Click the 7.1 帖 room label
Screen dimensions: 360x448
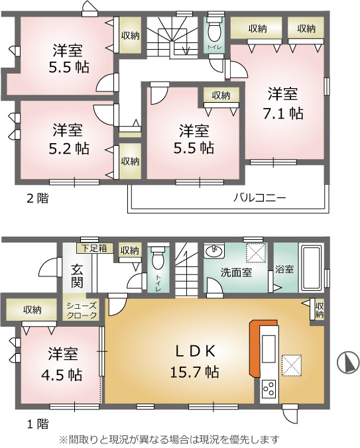pyautogui.click(x=282, y=103)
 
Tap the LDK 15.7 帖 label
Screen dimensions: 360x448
pyautogui.click(x=195, y=361)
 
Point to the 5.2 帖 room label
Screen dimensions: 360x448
pyautogui.click(x=68, y=139)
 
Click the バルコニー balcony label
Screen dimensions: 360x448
pyautogui.click(x=259, y=197)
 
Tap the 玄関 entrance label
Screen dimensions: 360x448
pyautogui.click(x=77, y=276)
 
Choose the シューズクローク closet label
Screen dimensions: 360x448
pyautogui.click(x=82, y=311)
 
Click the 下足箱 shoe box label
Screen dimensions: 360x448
pyautogui.click(x=94, y=248)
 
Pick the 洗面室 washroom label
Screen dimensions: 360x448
pyautogui.click(x=236, y=272)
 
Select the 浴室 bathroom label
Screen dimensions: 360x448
pyautogui.click(x=284, y=269)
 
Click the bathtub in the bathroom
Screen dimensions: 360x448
pyautogui.click(x=311, y=268)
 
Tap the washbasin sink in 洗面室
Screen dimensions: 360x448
pyautogui.click(x=214, y=251)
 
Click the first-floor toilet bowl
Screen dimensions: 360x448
pyautogui.click(x=158, y=258)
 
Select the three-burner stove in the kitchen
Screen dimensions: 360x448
pyautogui.click(x=269, y=389)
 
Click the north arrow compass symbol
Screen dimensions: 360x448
pyautogui.click(x=347, y=361)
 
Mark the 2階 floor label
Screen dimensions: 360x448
pyautogui.click(x=37, y=198)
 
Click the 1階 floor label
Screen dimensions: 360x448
pyautogui.click(x=37, y=424)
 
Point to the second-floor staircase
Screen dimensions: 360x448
pyautogui.click(x=172, y=36)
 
